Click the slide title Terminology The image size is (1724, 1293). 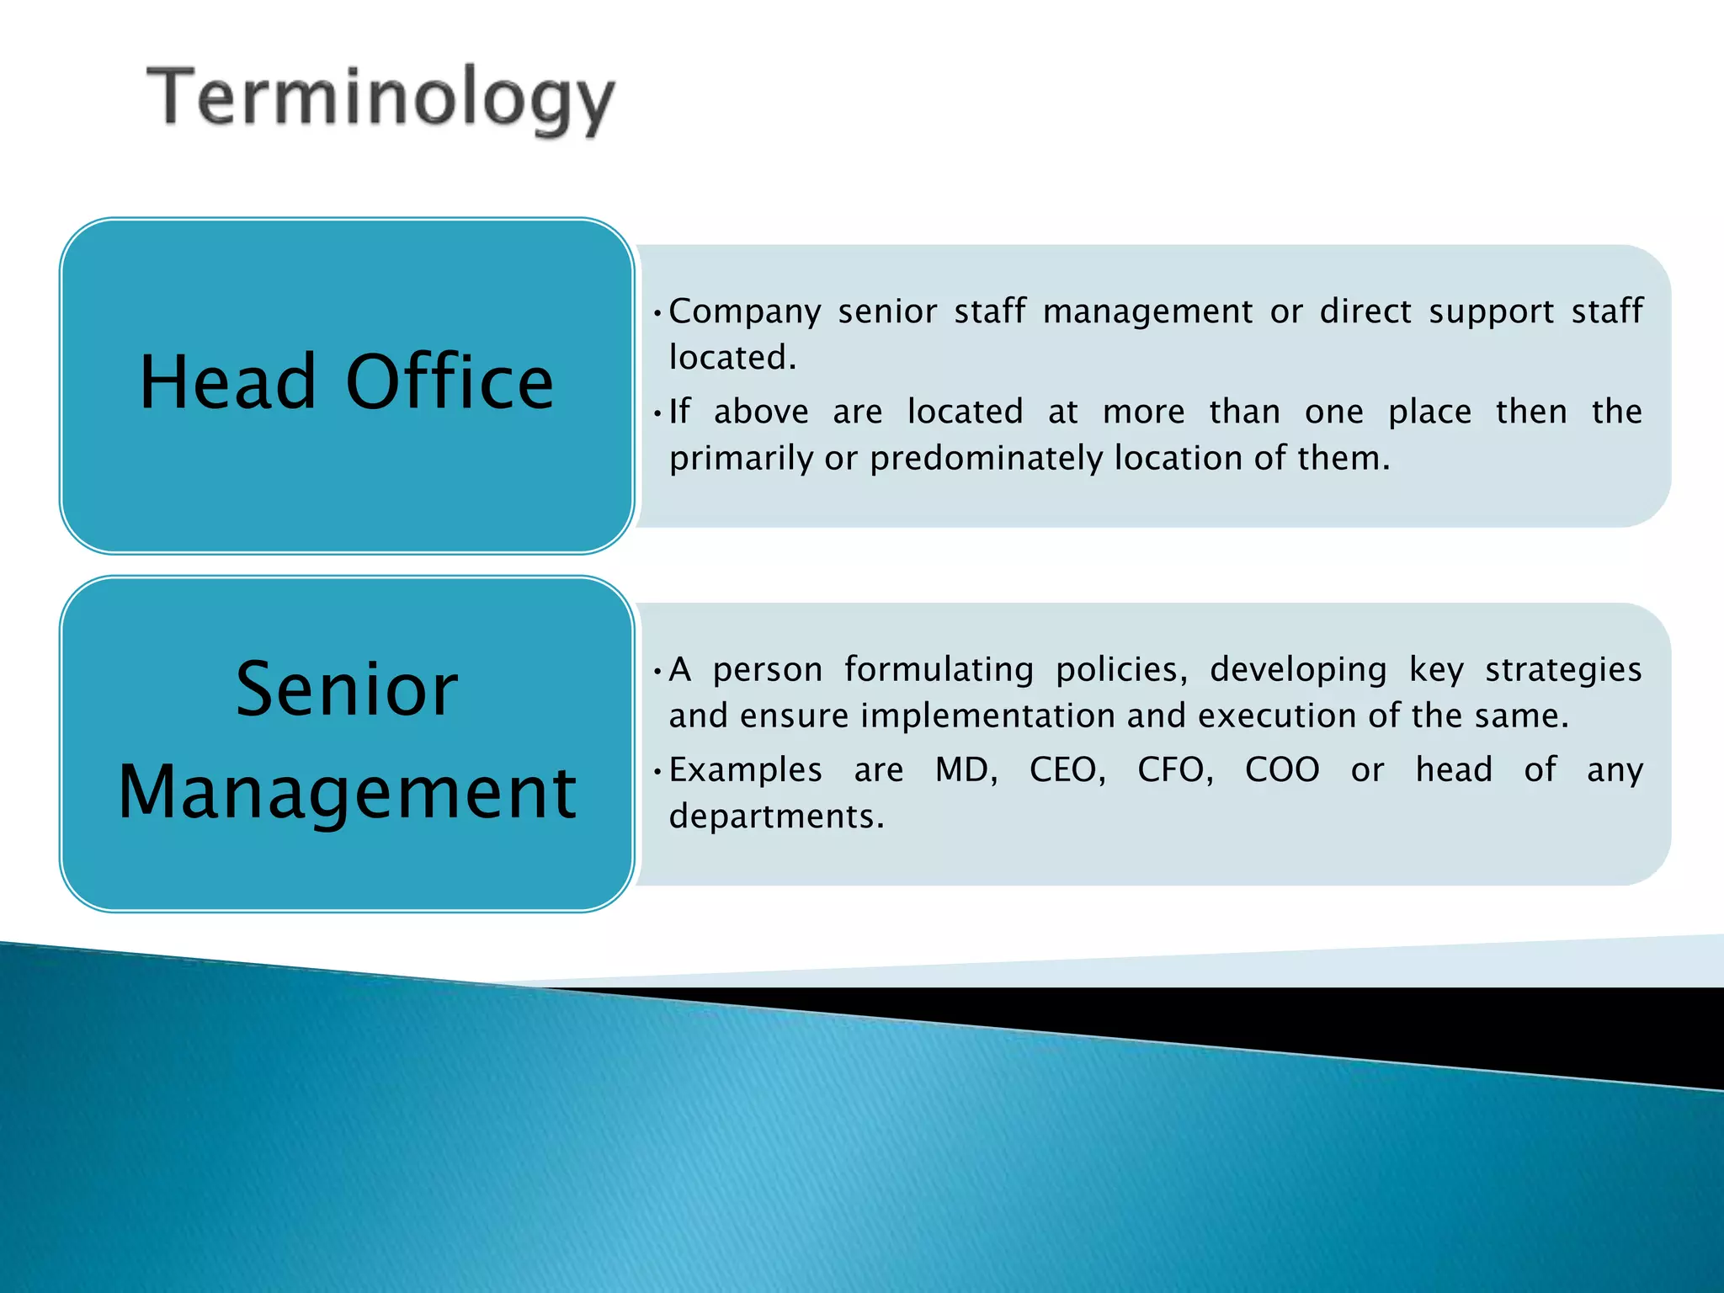click(x=381, y=99)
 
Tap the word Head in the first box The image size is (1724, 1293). click(x=227, y=382)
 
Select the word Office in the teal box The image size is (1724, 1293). click(x=450, y=382)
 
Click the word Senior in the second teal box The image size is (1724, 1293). click(x=347, y=689)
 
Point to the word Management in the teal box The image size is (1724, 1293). click(x=347, y=792)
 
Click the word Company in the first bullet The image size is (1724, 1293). click(x=745, y=312)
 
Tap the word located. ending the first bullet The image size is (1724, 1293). click(x=732, y=358)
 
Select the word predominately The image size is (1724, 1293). click(x=986, y=459)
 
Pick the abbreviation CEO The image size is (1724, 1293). click(x=1067, y=770)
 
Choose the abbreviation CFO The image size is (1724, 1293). click(x=1174, y=770)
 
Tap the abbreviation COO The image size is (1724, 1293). click(x=1281, y=770)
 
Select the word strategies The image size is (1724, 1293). click(x=1563, y=670)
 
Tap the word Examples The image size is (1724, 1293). click(x=745, y=770)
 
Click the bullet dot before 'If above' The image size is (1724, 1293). click(x=657, y=413)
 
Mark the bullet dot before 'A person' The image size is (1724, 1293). click(x=657, y=671)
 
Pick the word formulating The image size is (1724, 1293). click(x=939, y=670)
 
